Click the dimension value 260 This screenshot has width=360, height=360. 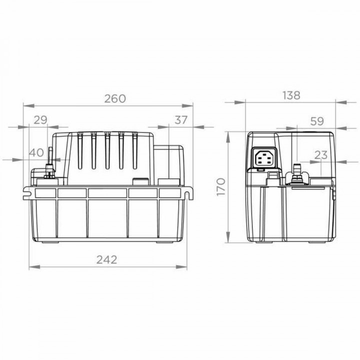114,98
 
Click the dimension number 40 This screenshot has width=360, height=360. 36,153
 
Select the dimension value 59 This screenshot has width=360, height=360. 316,120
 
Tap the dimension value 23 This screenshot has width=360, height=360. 321,155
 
